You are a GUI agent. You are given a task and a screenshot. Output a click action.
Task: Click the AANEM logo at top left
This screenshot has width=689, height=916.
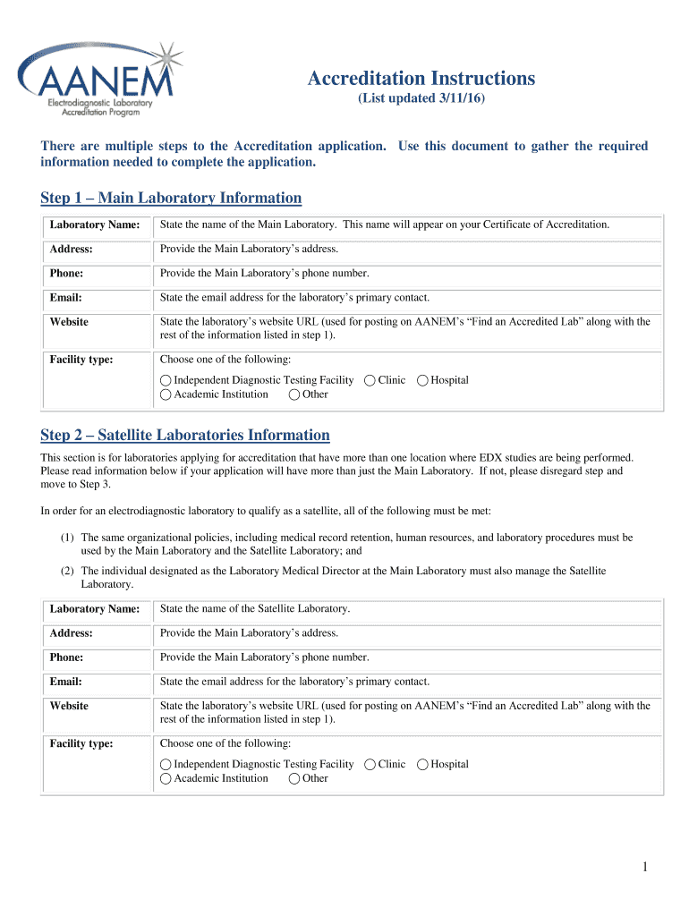coord(98,81)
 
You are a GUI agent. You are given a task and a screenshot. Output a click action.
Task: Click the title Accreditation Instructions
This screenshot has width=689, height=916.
coord(421,79)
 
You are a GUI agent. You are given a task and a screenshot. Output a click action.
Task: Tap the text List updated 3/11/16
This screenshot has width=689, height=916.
coord(421,98)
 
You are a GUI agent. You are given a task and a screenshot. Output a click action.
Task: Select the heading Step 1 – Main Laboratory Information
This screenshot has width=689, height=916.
coord(171,198)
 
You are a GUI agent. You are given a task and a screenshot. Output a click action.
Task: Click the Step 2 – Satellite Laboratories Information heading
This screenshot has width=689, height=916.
coord(185,435)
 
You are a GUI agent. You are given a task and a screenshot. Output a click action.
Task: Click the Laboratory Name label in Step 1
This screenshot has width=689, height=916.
coord(94,225)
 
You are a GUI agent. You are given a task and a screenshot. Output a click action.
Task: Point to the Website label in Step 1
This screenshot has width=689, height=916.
coord(69,322)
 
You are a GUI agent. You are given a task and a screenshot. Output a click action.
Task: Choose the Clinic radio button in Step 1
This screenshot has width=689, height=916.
coord(370,380)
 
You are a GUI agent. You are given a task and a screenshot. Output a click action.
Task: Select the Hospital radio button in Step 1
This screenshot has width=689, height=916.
coord(422,380)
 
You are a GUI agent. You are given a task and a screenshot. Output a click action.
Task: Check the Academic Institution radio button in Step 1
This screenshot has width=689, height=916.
coord(166,394)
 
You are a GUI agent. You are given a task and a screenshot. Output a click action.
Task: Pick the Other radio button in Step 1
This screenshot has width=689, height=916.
coord(294,394)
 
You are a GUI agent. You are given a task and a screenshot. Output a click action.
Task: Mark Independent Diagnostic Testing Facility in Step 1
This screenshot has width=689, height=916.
coord(166,380)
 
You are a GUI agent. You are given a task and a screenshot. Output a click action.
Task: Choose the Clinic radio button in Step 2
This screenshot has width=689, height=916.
coord(370,764)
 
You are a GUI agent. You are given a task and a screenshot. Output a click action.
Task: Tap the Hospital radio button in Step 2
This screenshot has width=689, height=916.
coord(422,764)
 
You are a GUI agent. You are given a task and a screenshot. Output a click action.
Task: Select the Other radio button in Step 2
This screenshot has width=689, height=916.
coord(294,778)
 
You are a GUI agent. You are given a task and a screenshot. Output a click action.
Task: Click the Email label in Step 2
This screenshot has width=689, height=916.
coord(66,682)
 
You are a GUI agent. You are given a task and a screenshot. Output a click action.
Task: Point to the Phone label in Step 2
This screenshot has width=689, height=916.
coord(67,657)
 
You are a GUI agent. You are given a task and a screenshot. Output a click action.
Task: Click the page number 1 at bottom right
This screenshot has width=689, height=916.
coord(644,867)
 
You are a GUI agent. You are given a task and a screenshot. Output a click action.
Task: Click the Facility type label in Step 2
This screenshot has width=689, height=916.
coord(81,743)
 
